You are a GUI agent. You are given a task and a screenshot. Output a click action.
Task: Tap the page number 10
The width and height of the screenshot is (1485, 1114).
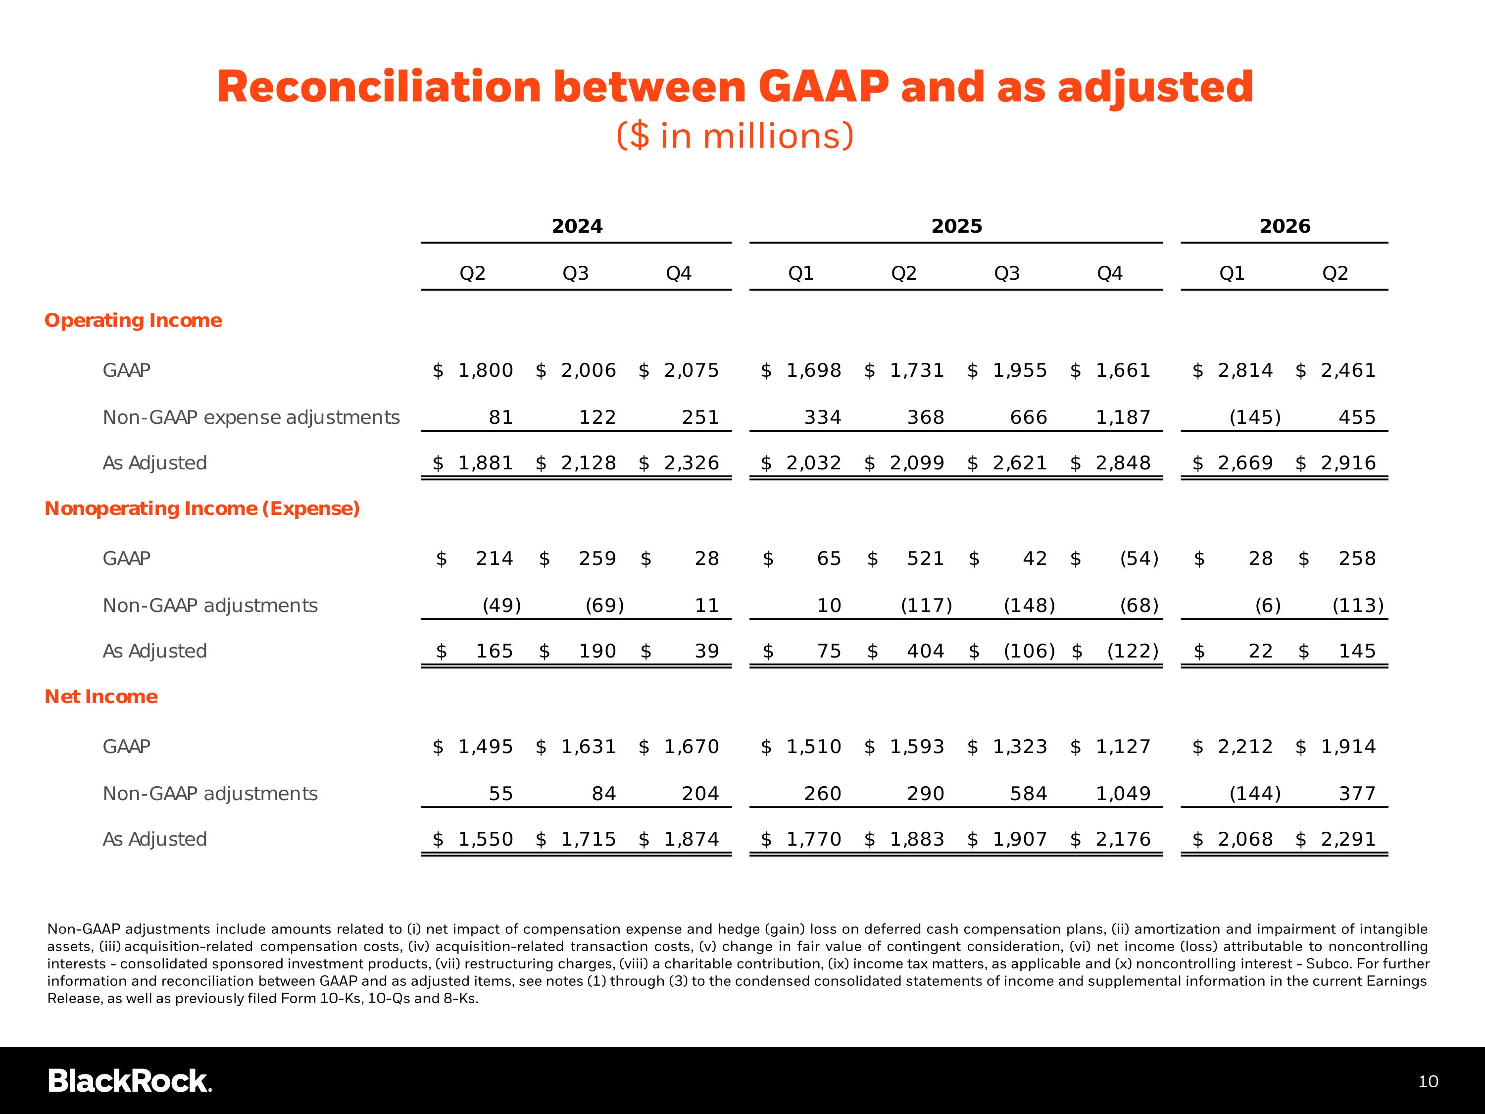pyautogui.click(x=1428, y=1082)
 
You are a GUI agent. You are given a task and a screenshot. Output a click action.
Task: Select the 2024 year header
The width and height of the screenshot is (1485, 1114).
pyautogui.click(x=577, y=226)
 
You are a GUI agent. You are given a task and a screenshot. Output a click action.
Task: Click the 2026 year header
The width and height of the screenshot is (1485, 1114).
pyautogui.click(x=1284, y=226)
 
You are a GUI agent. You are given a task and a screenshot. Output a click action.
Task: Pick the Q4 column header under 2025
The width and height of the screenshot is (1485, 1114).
pyautogui.click(x=1110, y=273)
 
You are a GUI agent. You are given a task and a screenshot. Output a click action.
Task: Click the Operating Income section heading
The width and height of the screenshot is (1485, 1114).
pyautogui.click(x=133, y=320)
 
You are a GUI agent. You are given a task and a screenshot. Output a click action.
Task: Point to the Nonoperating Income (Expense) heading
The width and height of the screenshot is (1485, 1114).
pyautogui.click(x=202, y=508)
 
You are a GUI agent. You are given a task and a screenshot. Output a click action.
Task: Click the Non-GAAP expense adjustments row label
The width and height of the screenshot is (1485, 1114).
pyautogui.click(x=251, y=418)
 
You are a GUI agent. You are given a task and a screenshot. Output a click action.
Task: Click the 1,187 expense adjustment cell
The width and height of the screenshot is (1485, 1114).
pyautogui.click(x=1123, y=418)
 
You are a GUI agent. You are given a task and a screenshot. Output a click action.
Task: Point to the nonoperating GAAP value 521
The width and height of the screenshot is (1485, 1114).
pyautogui.click(x=925, y=558)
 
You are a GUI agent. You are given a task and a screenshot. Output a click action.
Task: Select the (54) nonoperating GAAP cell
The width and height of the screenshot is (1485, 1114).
pyautogui.click(x=1139, y=558)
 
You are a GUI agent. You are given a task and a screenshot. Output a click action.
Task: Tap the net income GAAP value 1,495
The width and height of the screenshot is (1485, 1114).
pyautogui.click(x=486, y=746)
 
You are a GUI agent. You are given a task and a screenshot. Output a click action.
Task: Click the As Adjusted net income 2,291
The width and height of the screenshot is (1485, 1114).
pyautogui.click(x=1348, y=839)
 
